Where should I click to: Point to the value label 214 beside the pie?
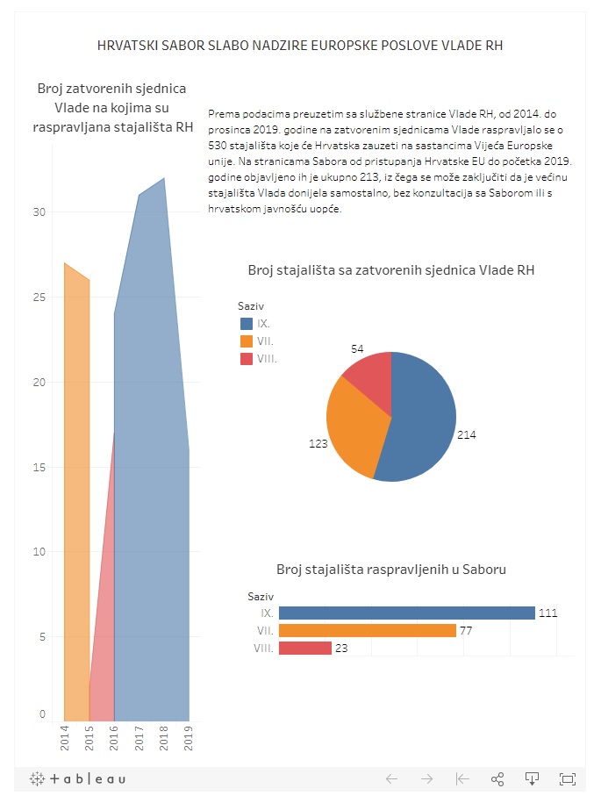[467, 434]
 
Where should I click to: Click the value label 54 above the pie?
[357, 349]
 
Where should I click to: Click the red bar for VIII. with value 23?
[304, 649]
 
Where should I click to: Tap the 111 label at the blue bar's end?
[548, 613]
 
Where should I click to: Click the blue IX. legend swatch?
[246, 324]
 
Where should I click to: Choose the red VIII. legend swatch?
[246, 359]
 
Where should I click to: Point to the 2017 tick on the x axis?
[140, 739]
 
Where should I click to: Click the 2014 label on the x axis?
[65, 739]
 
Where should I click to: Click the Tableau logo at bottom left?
[78, 778]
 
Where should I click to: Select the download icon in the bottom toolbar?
[531, 778]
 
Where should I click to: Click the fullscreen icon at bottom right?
[567, 778]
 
